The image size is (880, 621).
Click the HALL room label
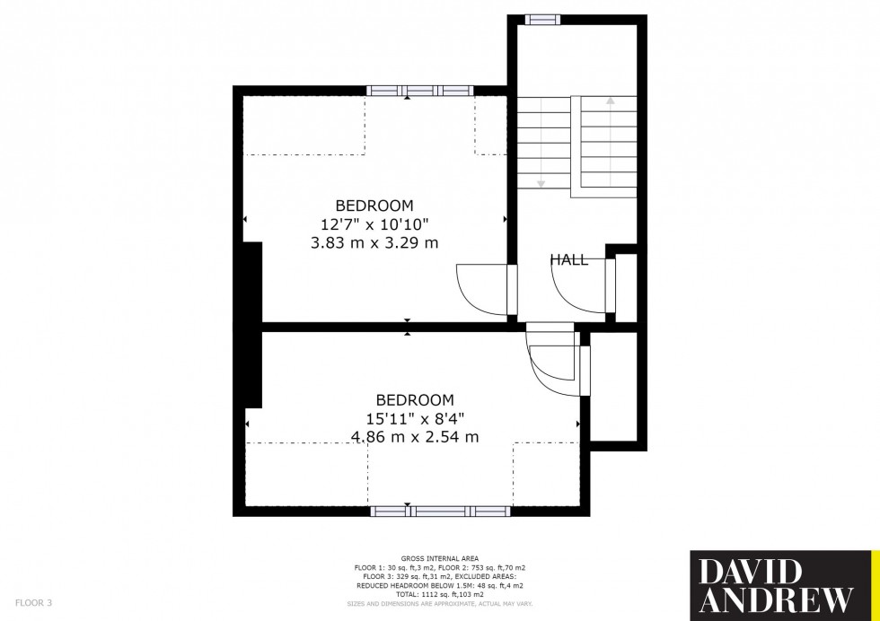pos(569,260)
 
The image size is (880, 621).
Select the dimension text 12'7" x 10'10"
pos(374,223)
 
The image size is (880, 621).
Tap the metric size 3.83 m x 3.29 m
pos(374,242)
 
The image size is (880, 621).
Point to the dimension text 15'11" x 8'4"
pos(414,418)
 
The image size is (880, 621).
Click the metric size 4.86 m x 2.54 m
pos(414,437)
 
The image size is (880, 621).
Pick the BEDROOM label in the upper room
pos(374,205)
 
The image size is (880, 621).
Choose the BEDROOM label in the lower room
pos(414,399)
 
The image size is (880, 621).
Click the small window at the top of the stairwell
pos(541,19)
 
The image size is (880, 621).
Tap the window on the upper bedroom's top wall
pos(420,91)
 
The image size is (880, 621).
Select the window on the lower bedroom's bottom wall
pos(440,512)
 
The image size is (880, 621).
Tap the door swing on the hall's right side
pos(579,288)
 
